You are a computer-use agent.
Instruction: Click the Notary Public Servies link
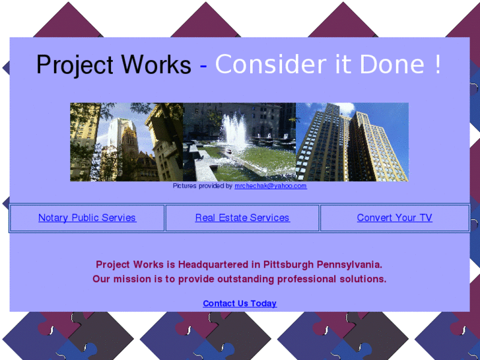pyautogui.click(x=87, y=218)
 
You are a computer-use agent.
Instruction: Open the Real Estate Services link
pyautogui.click(x=242, y=218)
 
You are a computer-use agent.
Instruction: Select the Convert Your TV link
pyautogui.click(x=394, y=218)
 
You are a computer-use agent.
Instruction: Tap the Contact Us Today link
pyautogui.click(x=240, y=304)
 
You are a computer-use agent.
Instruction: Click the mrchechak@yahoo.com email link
pyautogui.click(x=271, y=186)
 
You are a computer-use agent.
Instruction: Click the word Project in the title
pyautogui.click(x=74, y=65)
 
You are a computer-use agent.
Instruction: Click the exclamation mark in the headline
pyautogui.click(x=437, y=65)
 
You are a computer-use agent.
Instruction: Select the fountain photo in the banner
pyautogui.click(x=240, y=141)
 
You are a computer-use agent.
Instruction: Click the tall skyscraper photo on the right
pyautogui.click(x=352, y=141)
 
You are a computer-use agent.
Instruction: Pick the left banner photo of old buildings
pyautogui.click(x=127, y=141)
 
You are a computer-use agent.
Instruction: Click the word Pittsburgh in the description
pyautogui.click(x=289, y=265)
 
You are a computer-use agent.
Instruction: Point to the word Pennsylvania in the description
pyautogui.click(x=349, y=265)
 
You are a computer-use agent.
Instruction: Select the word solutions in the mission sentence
pyautogui.click(x=362, y=279)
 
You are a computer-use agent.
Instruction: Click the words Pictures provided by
pyautogui.click(x=203, y=186)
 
